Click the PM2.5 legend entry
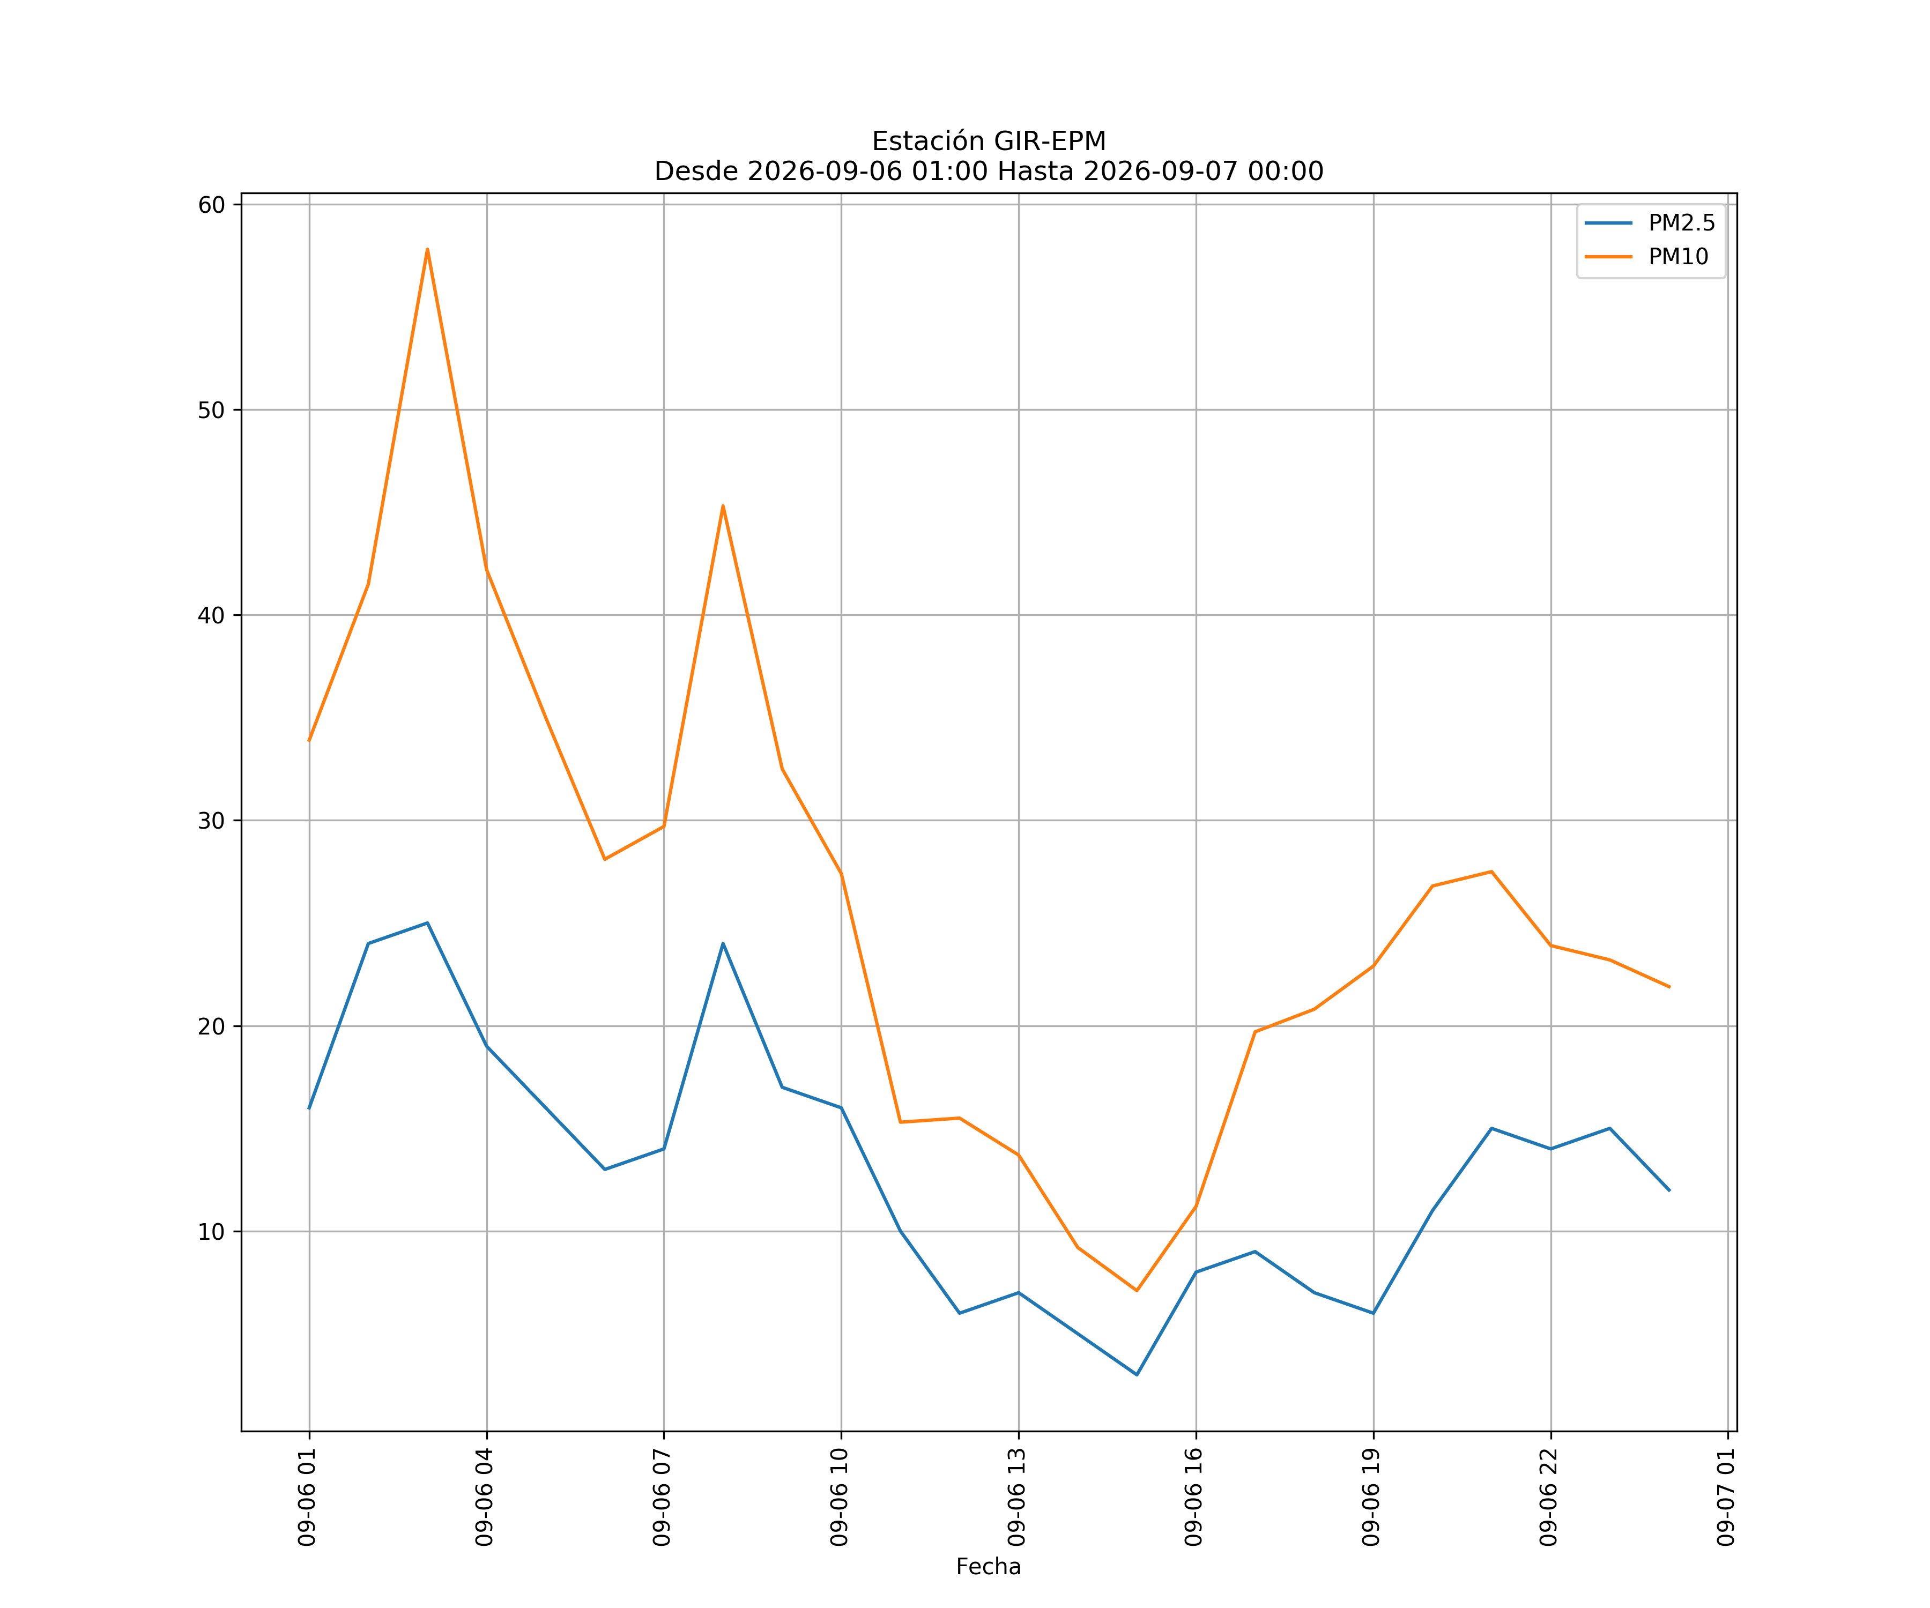coord(1650,224)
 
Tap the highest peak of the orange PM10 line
coord(427,249)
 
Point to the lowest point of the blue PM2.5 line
coord(1137,1375)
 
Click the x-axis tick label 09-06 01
coord(307,1497)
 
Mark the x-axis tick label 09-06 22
coord(1549,1497)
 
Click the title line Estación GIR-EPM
coord(989,142)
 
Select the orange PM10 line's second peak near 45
coord(723,505)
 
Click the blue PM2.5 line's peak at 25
coord(427,922)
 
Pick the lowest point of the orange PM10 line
coord(1137,1290)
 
